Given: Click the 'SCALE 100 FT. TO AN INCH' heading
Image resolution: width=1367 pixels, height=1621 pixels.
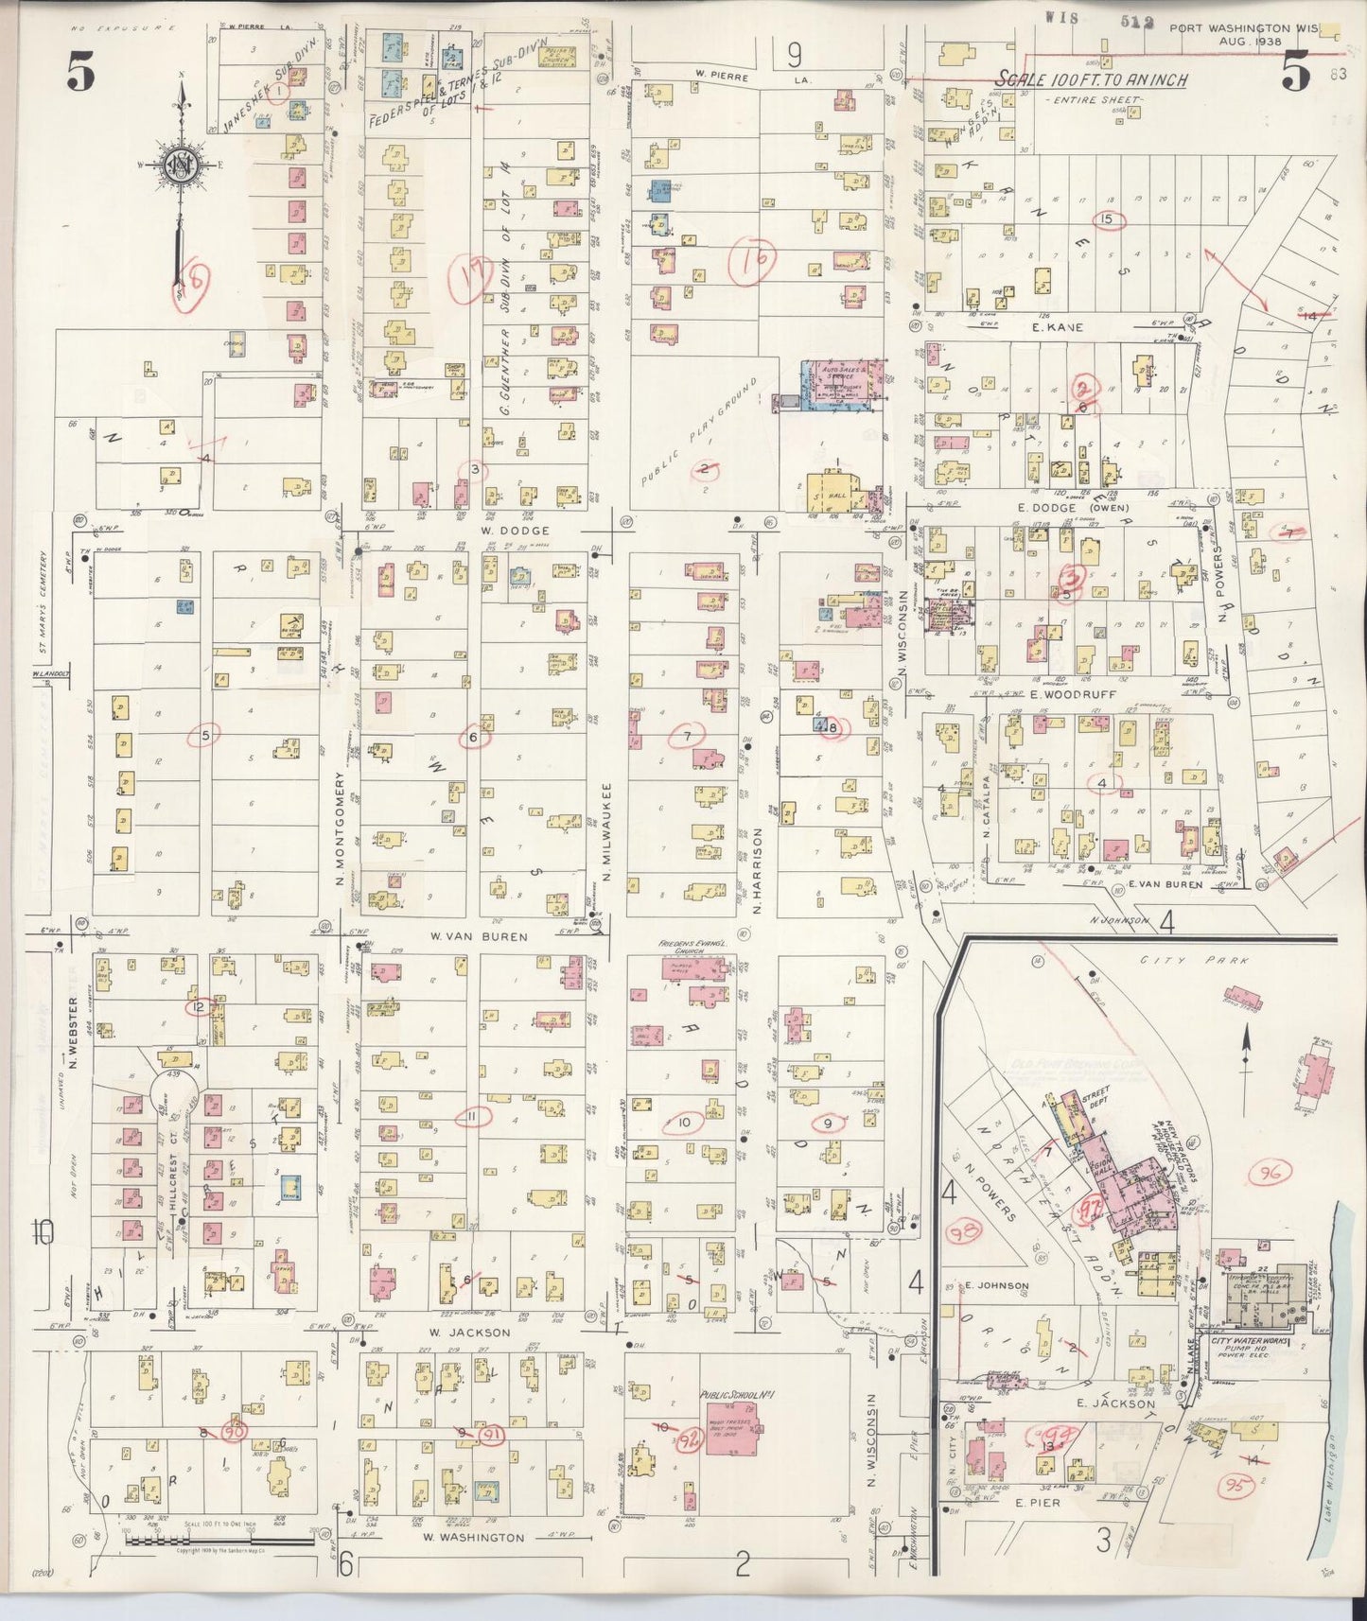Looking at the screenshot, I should tap(1092, 81).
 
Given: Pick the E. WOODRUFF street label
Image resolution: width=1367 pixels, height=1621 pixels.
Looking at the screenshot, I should tap(1062, 694).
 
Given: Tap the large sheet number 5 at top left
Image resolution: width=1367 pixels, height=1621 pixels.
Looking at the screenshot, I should tap(80, 74).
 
